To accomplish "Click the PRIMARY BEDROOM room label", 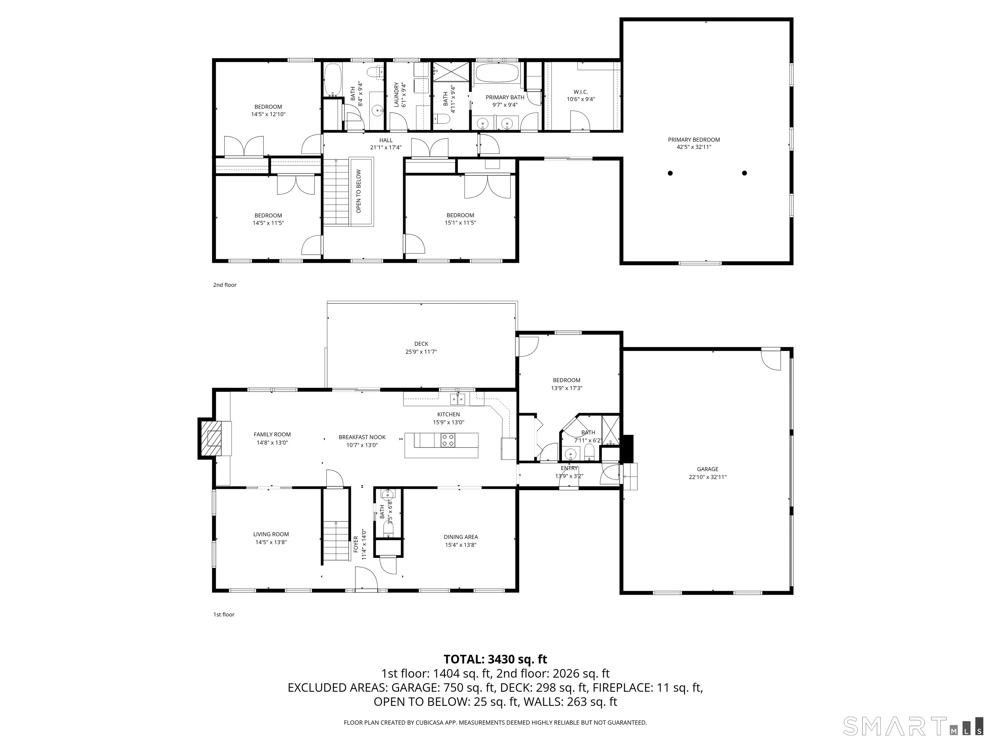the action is [x=694, y=140].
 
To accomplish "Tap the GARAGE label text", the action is [x=707, y=469].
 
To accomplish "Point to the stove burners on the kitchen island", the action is [x=447, y=440].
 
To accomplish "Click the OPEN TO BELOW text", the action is [x=358, y=191].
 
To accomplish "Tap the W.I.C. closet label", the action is [x=581, y=92].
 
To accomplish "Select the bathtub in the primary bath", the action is [x=497, y=73].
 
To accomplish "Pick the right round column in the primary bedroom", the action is [x=745, y=173].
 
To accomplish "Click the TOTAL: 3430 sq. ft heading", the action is [x=495, y=659].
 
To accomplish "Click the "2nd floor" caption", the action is [x=225, y=285].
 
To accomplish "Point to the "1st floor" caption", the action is [x=224, y=614].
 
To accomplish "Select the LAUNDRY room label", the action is [x=396, y=95].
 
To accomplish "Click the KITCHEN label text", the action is [x=448, y=414].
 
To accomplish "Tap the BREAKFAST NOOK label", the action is [x=362, y=437].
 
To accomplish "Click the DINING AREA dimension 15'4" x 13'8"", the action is [x=461, y=545].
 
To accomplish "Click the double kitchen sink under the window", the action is [x=457, y=399].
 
